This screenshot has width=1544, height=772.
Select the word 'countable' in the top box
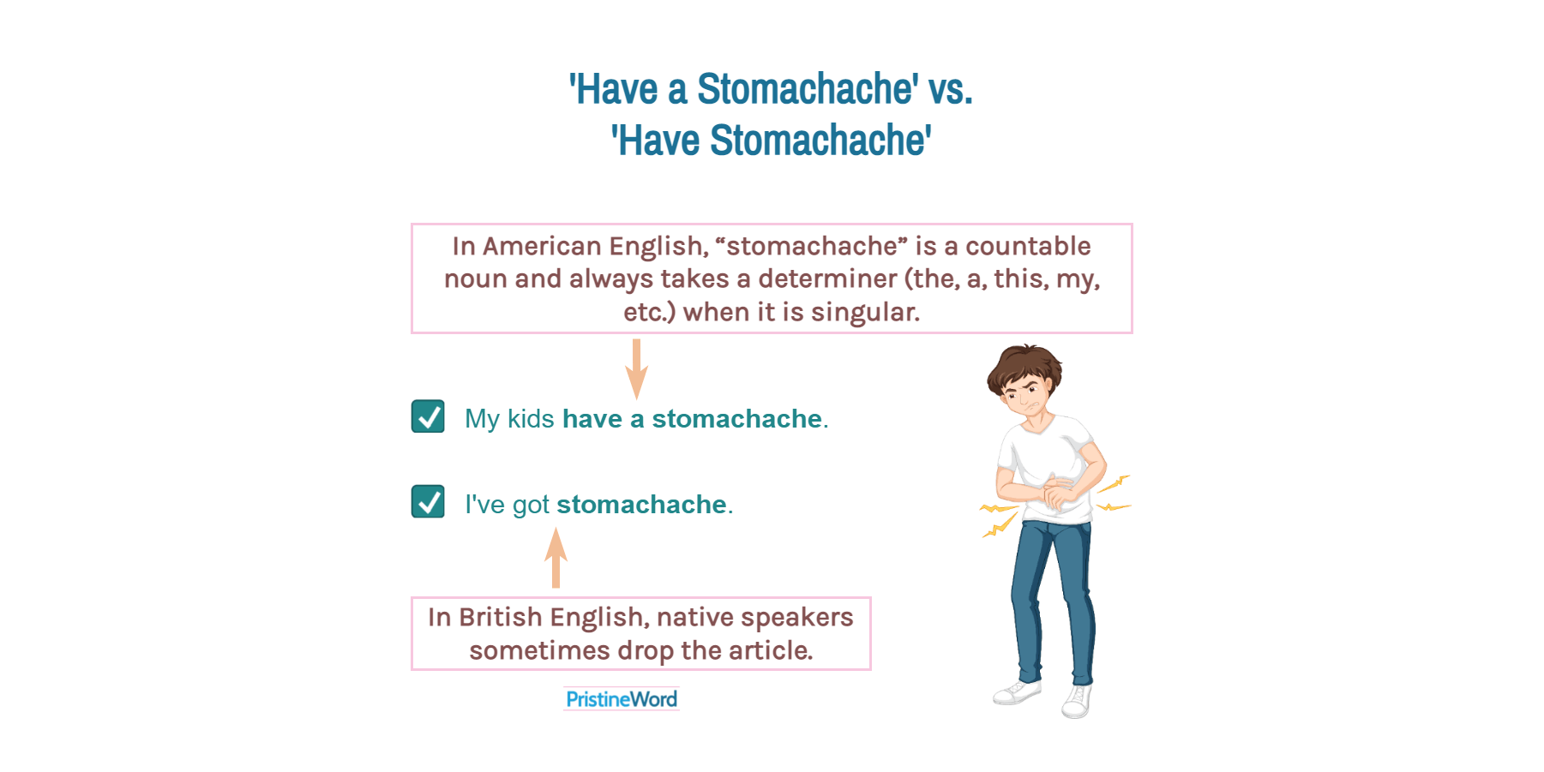click(x=1028, y=246)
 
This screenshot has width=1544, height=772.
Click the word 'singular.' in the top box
click(x=865, y=312)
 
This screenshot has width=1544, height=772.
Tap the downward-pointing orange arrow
click(x=636, y=369)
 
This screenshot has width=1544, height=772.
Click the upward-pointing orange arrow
click(x=556, y=558)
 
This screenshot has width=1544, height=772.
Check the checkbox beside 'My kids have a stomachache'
click(x=428, y=416)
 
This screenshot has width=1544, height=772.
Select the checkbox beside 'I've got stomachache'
click(x=428, y=501)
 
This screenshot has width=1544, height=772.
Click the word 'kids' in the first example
click(x=531, y=418)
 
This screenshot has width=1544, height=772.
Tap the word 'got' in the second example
click(x=531, y=505)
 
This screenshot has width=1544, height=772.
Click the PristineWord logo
click(x=622, y=699)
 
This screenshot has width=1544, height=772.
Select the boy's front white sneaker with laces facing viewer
click(x=1077, y=700)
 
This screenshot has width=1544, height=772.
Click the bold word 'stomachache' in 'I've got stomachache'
click(x=641, y=505)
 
